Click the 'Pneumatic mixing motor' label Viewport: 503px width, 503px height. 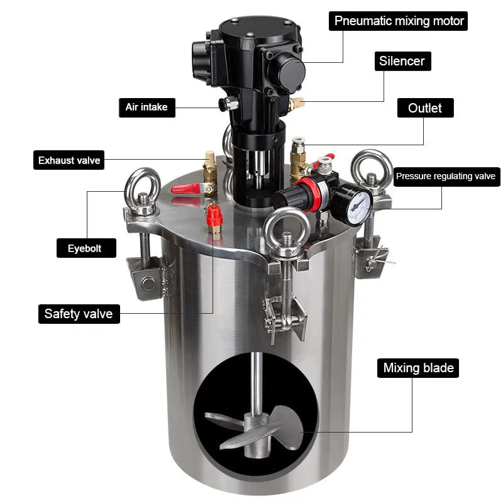click(x=398, y=21)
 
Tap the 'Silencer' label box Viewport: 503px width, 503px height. click(x=402, y=61)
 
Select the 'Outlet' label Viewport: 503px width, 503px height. click(x=426, y=108)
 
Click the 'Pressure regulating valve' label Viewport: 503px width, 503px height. click(x=446, y=177)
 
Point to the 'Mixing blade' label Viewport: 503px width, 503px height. click(x=418, y=368)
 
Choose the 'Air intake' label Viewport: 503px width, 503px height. click(x=147, y=108)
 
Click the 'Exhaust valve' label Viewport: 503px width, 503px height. click(x=69, y=160)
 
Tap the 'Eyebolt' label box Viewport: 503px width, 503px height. click(x=86, y=248)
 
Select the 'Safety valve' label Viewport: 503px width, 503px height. click(x=79, y=314)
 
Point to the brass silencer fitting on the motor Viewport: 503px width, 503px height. click(x=296, y=104)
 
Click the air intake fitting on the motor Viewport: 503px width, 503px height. click(x=228, y=104)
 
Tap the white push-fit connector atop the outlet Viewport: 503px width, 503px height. click(x=298, y=141)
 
